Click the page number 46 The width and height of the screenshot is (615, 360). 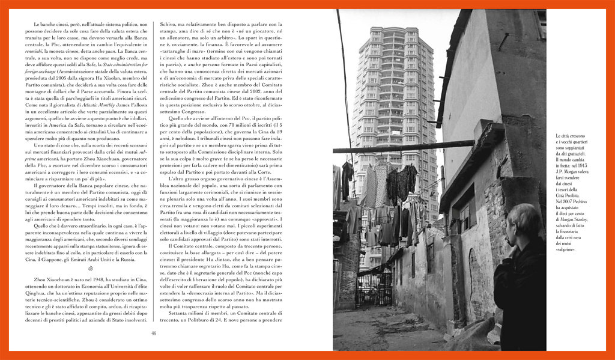pyautogui.click(x=154, y=334)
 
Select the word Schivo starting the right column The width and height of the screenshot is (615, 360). pyautogui.click(x=169, y=24)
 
